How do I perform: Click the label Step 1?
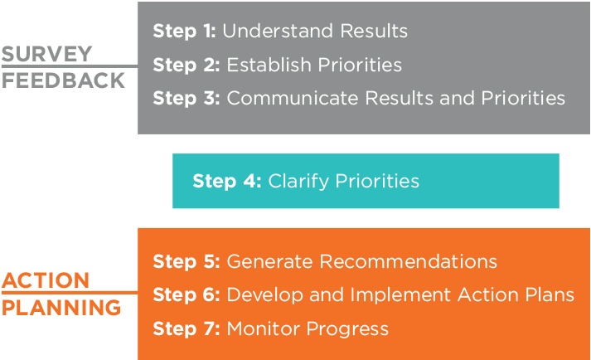tap(184, 32)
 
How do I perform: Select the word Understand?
tap(278, 31)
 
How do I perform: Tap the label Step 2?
tap(187, 66)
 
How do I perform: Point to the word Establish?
tap(269, 65)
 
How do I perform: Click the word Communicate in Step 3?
tap(293, 98)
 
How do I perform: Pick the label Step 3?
tap(187, 99)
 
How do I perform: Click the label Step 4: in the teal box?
tap(227, 182)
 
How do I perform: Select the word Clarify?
tap(298, 182)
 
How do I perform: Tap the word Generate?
tap(269, 261)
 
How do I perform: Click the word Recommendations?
tap(408, 261)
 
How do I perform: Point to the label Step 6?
tap(187, 295)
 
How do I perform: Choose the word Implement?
tap(400, 295)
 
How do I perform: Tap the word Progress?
tap(347, 329)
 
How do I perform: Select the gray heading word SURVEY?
tap(46, 54)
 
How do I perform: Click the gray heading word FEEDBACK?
tap(63, 80)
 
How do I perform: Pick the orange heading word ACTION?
tap(46, 280)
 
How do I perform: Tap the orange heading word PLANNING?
tap(61, 308)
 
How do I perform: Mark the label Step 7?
tap(187, 329)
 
